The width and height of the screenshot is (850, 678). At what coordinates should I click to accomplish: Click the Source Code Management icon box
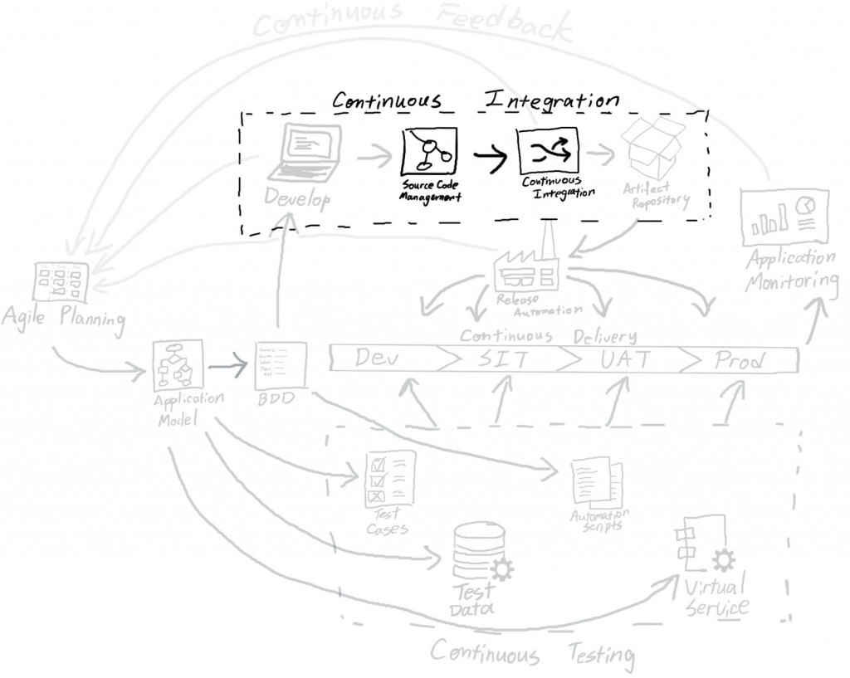tap(430, 150)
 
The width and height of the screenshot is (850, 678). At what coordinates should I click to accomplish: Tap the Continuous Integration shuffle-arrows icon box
tap(547, 150)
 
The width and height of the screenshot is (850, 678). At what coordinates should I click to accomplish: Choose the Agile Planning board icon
tap(59, 283)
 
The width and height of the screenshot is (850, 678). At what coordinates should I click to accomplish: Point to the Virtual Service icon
tap(693, 549)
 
